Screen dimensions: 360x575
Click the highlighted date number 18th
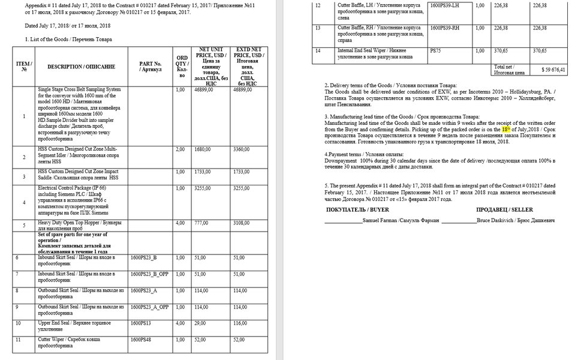[x=507, y=128]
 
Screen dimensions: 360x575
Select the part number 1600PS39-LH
[x=444, y=5]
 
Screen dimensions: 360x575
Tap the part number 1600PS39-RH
[x=444, y=28]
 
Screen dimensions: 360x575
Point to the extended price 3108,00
[x=242, y=223]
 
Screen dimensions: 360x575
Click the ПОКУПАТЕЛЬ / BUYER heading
[x=354, y=211]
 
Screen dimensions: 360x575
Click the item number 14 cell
[x=318, y=51]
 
